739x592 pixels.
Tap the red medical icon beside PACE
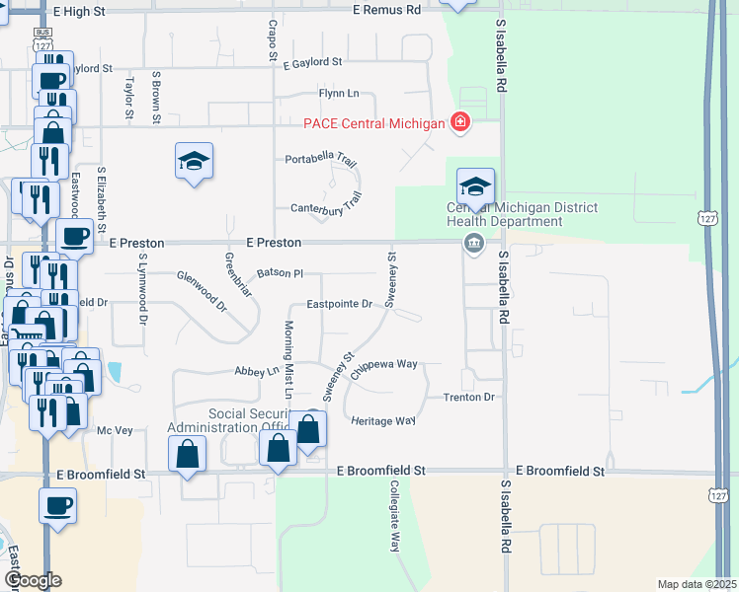click(459, 122)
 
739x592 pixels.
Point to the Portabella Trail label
click(321, 160)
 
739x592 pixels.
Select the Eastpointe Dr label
click(339, 305)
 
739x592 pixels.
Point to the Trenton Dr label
click(468, 397)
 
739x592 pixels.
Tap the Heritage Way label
click(383, 420)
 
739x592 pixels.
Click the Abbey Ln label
click(257, 372)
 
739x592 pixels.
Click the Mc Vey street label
click(114, 430)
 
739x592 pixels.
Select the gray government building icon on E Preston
click(474, 244)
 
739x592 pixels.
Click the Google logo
click(33, 580)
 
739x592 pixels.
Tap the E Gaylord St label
click(311, 61)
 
